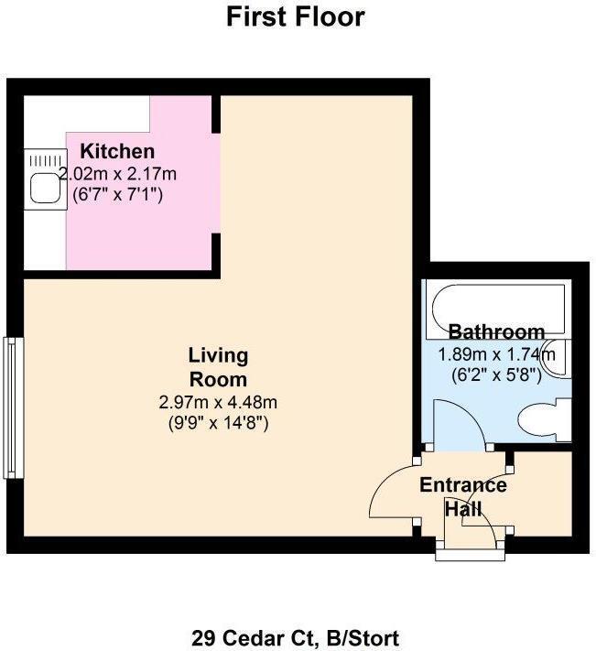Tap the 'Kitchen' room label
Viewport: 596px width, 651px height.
pos(117,152)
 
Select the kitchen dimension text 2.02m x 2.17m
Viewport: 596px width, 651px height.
pos(117,173)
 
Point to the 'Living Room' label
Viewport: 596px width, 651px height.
pos(218,366)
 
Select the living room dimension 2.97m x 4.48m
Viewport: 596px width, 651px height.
pos(218,402)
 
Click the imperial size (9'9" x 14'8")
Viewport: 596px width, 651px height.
pos(218,423)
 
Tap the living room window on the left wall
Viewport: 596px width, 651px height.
pos(12,407)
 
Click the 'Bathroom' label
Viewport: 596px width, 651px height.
pos(496,331)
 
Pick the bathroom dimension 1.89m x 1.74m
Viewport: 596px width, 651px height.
pos(496,354)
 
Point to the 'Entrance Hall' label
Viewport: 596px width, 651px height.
pos(462,496)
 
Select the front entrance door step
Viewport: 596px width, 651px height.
pos(467,550)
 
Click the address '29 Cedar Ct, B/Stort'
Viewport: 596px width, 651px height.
pos(296,637)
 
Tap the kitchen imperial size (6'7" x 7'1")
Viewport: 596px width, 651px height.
pos(117,194)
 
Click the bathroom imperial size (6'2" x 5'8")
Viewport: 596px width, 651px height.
pos(496,374)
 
